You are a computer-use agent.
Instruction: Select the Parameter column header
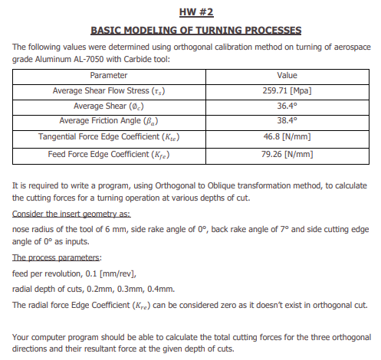[108, 76]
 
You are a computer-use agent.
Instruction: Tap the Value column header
[286, 76]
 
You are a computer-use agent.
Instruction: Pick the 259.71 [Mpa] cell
[286, 90]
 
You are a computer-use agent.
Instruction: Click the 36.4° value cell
[286, 106]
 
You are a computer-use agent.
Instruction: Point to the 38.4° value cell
[286, 121]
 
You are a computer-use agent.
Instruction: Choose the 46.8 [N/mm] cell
[286, 137]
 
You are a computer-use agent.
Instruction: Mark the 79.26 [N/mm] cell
[286, 153]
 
